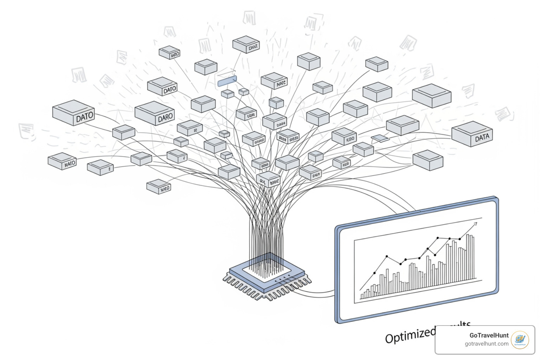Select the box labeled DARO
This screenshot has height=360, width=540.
pos(155,114)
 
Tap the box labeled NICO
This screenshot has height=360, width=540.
pos(159,186)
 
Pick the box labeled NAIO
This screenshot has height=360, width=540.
pos(62,161)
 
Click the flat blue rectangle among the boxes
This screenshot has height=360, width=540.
pos(227,81)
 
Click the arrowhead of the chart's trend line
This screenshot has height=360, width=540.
pos(475,224)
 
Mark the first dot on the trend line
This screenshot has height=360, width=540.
pos(374,273)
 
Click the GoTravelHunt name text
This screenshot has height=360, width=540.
pos(489,335)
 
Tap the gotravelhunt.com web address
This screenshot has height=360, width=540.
pos(487,344)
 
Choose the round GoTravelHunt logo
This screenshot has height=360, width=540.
pos(520,340)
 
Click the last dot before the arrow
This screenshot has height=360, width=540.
pos(459,239)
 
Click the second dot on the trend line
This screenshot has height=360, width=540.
pos(387,257)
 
